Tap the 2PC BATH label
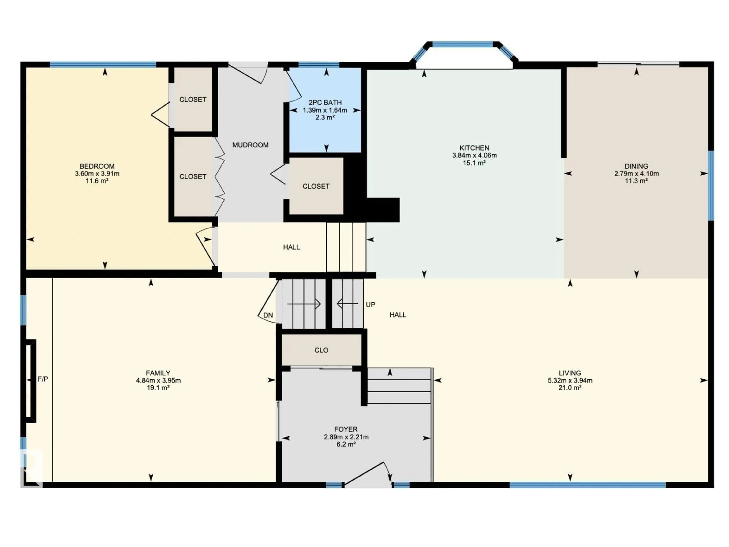325,103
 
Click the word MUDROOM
250,145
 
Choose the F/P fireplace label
43,379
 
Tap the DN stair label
268,315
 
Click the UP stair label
370,305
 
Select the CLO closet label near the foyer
321,350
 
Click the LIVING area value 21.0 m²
570,388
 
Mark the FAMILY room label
158,373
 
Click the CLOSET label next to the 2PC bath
316,186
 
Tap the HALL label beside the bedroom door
291,247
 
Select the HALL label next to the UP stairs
398,315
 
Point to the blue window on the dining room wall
711,185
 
